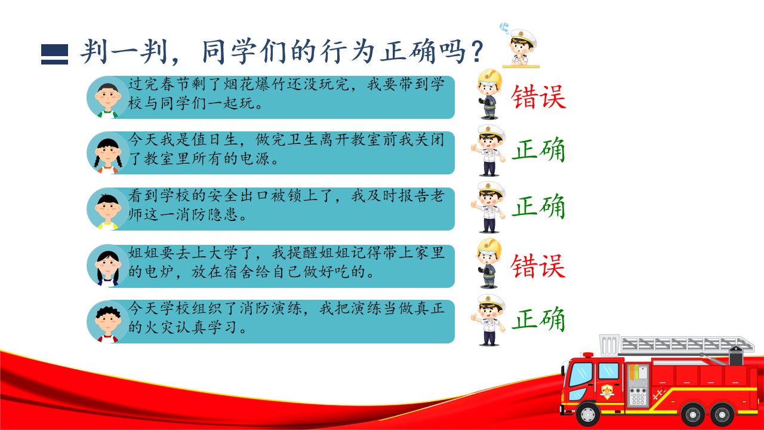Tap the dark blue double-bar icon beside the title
coord(54,54)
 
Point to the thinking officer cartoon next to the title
coord(520,45)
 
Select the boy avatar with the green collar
coord(107,98)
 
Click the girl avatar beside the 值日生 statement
coord(107,153)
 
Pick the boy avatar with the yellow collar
coord(107,209)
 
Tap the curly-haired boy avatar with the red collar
coord(107,322)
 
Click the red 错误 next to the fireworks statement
coord(538,97)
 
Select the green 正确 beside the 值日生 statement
coord(538,149)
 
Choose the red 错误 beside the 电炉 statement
coord(538,266)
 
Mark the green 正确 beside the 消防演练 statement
coord(538,318)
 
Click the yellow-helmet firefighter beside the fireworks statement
coord(489,94)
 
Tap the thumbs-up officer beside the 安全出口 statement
coord(488,207)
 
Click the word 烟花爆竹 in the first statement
coord(247,84)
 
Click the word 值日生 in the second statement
coord(207,140)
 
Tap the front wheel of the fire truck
coord(588,414)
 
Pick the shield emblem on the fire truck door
coord(607,391)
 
